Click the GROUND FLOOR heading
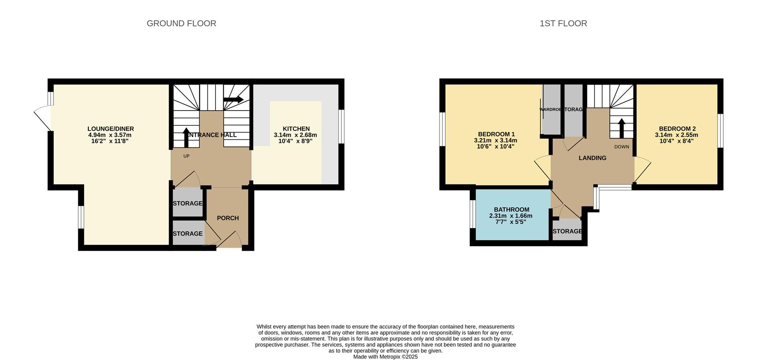point(181,23)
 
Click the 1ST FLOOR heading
point(563,23)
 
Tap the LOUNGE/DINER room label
point(110,129)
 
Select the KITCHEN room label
point(296,129)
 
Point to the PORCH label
point(228,218)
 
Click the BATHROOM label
point(511,210)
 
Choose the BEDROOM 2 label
point(677,129)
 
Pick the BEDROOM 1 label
point(496,134)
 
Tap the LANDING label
point(592,158)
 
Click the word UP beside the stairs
point(186,156)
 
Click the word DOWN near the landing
point(621,147)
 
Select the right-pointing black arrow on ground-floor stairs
point(233,99)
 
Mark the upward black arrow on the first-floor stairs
point(621,128)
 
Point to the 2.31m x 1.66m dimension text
point(510,216)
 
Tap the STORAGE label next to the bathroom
point(567,231)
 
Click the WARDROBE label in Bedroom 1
point(550,110)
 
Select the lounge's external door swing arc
point(42,117)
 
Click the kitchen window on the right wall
point(341,127)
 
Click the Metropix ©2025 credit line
point(385,357)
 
